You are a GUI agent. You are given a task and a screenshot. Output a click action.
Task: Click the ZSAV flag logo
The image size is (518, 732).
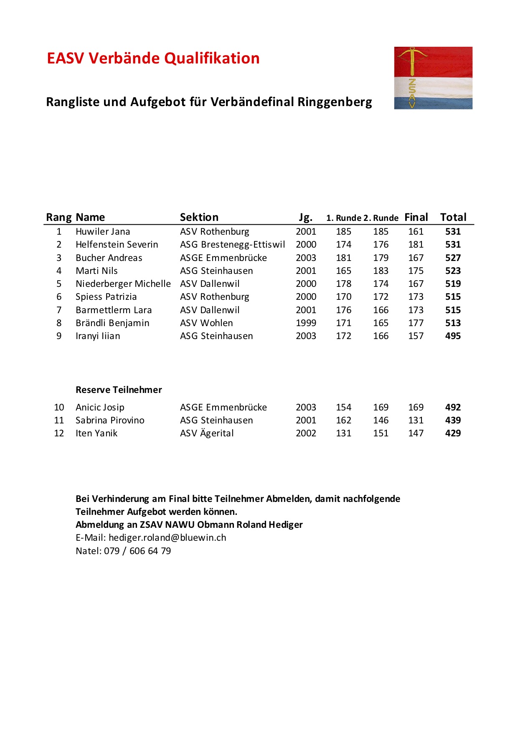point(433,78)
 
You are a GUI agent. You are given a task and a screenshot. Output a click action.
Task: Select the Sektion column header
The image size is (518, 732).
point(199,217)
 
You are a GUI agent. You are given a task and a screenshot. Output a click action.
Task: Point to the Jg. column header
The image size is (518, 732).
point(305,217)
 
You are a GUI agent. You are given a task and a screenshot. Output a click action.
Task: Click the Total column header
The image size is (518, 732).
point(453,217)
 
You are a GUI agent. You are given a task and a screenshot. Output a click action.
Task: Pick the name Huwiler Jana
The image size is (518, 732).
point(103,232)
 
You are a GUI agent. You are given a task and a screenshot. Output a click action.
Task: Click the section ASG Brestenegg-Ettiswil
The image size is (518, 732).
point(232,245)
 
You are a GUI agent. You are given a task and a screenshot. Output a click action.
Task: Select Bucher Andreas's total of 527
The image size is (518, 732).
point(453,258)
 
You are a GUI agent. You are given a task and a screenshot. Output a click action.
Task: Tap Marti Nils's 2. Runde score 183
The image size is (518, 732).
point(381,271)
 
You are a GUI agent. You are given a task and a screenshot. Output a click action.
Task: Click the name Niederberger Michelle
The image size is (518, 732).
point(123,284)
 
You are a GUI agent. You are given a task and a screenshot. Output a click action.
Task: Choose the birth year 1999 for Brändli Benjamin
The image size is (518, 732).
point(306,323)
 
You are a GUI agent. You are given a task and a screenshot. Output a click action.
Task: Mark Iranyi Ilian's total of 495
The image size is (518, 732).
point(453,336)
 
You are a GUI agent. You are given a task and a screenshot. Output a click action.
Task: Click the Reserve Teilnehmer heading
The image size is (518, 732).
point(119,390)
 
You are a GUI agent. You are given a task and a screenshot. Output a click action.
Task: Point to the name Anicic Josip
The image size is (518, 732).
point(100,408)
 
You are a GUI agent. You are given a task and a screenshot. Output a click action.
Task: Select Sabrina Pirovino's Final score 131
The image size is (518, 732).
point(416,420)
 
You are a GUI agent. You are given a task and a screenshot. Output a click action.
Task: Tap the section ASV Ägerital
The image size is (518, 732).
point(207,433)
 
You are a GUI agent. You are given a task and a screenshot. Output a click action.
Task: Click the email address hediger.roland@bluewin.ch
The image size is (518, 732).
point(167,538)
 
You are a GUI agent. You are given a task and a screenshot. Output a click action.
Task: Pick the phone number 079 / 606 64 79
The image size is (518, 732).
point(137,551)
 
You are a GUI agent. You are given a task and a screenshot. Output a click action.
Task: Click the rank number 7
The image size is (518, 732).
point(59,310)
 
